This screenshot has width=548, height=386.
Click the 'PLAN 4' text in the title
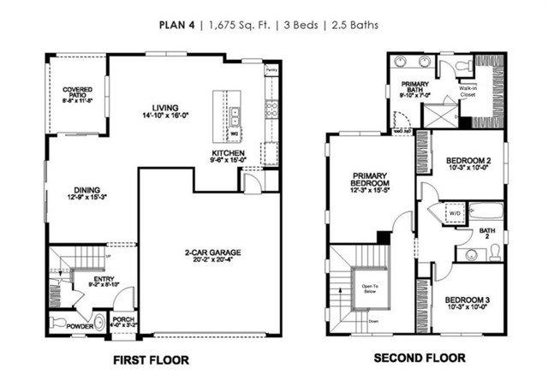point(177,25)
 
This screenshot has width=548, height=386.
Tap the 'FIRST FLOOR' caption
point(151,359)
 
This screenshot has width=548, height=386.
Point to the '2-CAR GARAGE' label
point(210,252)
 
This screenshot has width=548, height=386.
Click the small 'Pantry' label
point(271,71)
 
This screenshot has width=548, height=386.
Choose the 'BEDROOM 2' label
point(468,161)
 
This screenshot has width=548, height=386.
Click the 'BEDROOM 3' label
point(468,300)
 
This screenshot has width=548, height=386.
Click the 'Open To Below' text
point(370,288)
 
